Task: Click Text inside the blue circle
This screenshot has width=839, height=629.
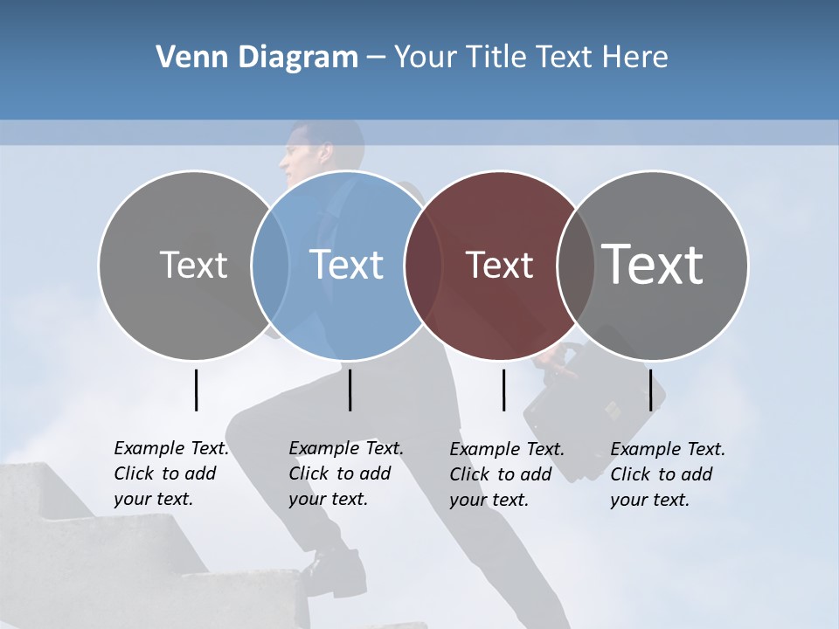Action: tap(347, 265)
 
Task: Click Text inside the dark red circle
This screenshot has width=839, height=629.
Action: tap(499, 266)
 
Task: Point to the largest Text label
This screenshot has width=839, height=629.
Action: tap(653, 264)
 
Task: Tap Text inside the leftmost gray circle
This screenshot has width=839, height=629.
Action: tap(193, 265)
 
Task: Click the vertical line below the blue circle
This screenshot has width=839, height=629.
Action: tap(350, 390)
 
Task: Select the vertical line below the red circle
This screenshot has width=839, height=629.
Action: tap(503, 390)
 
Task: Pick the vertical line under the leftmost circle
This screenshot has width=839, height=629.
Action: tap(196, 390)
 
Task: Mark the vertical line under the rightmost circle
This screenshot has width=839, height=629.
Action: tap(650, 390)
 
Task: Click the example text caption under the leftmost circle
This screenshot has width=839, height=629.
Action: tap(170, 473)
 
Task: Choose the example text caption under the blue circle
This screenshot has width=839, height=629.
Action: tap(345, 473)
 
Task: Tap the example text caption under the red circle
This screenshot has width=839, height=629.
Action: tap(506, 474)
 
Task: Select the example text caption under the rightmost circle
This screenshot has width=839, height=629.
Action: tap(667, 474)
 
